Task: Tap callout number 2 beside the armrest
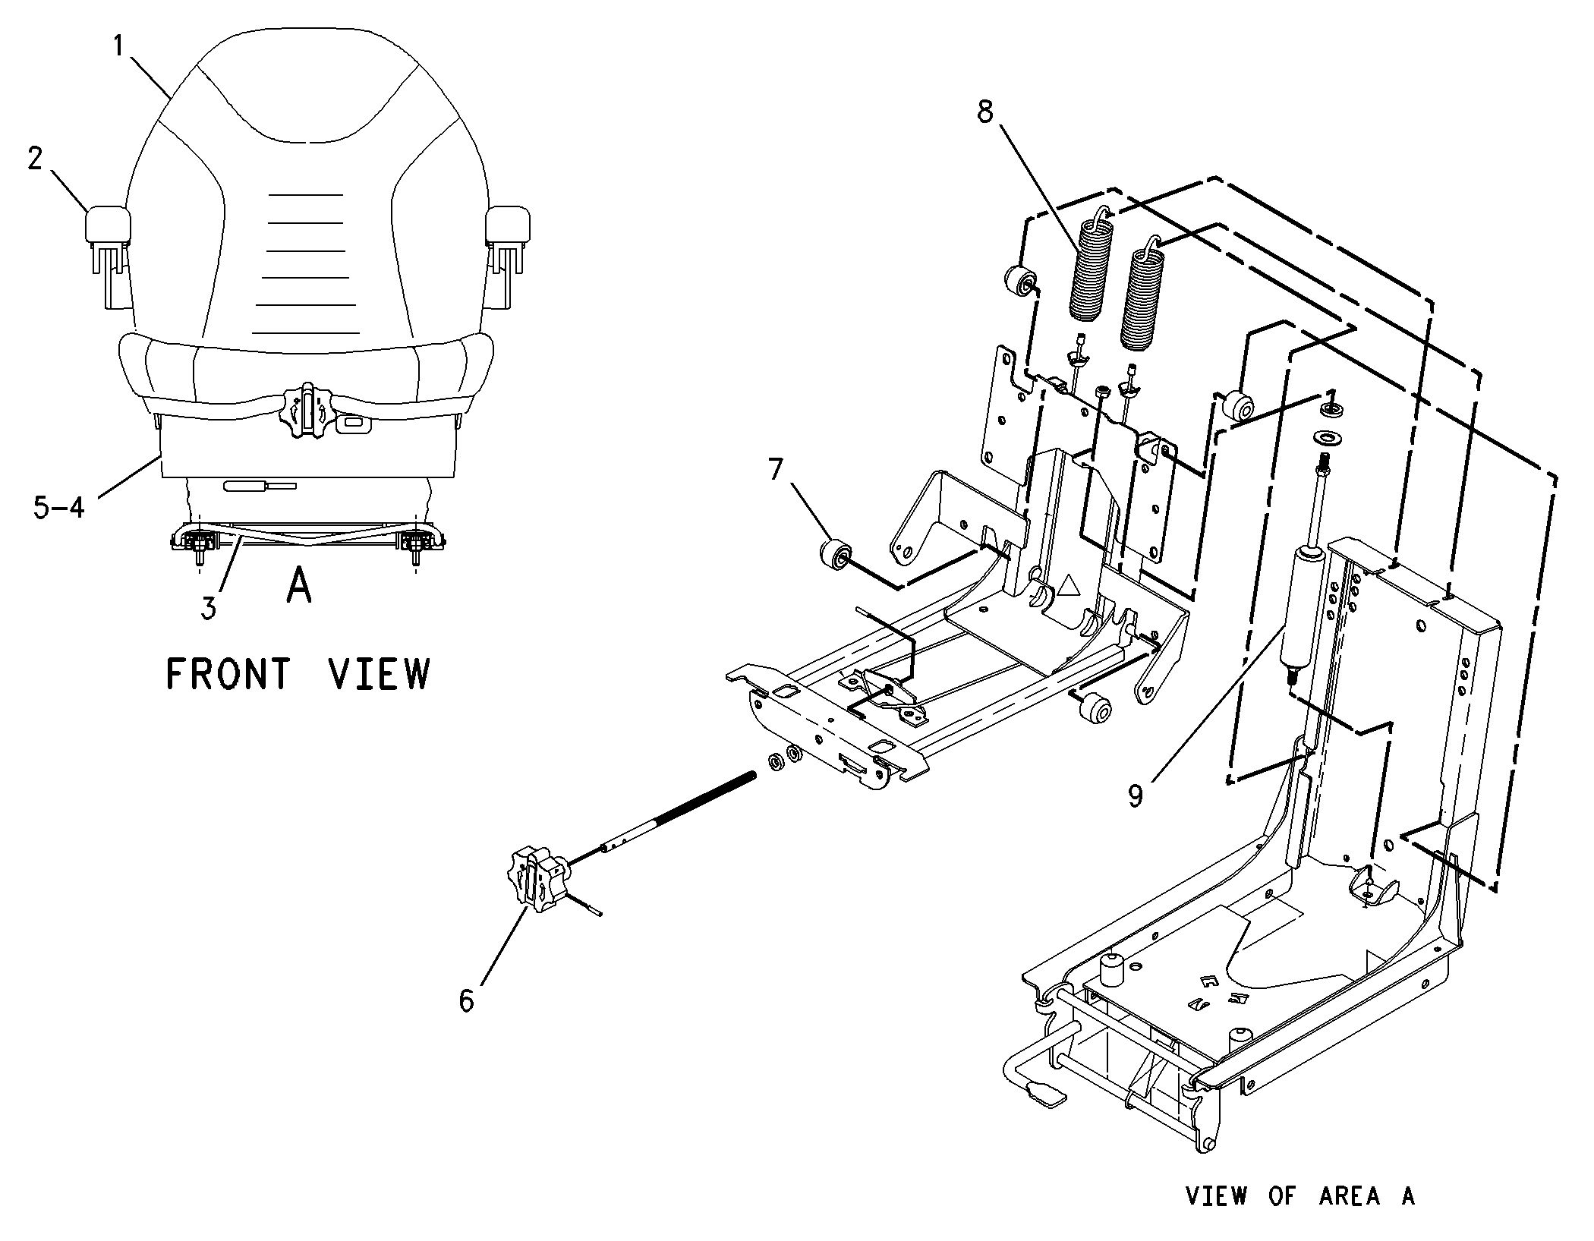(36, 159)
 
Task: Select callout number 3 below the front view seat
(209, 607)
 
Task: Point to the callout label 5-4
(59, 507)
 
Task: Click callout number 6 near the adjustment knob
(466, 1000)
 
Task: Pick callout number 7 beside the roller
(774, 470)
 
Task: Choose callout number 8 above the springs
(984, 112)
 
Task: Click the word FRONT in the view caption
(228, 673)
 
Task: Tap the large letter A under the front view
(299, 587)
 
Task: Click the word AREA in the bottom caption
(1350, 1196)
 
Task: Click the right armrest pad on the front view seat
(508, 223)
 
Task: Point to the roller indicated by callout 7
(835, 552)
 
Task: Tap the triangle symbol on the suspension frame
(1069, 585)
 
